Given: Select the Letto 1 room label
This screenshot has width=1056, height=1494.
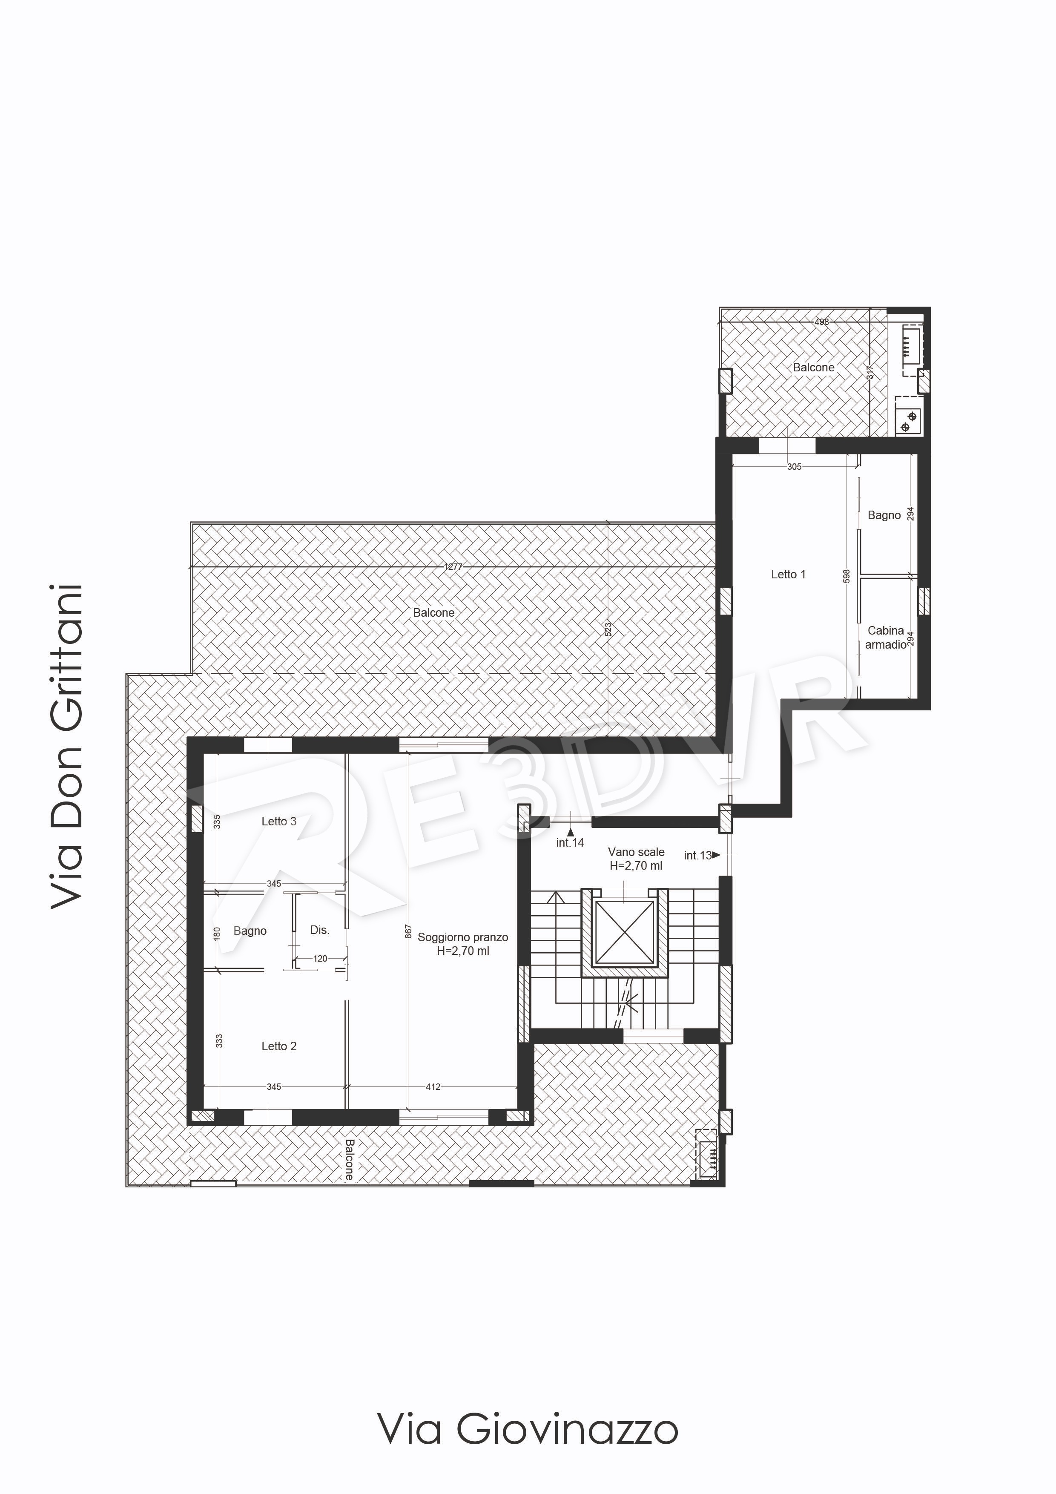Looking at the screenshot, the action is [788, 574].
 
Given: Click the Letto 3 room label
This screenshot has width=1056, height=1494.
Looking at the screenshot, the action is [278, 821].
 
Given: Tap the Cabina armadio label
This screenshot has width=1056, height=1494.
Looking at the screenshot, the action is [886, 637].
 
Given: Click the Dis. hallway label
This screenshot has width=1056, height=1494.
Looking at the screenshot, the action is [319, 930].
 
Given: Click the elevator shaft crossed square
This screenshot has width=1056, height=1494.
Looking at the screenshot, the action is [624, 932].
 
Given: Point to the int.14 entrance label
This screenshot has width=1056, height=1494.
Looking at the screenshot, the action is [570, 843].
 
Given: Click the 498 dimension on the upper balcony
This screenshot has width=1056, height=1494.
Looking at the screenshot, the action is [822, 322].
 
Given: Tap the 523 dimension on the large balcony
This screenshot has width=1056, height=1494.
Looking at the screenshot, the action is [608, 629].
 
